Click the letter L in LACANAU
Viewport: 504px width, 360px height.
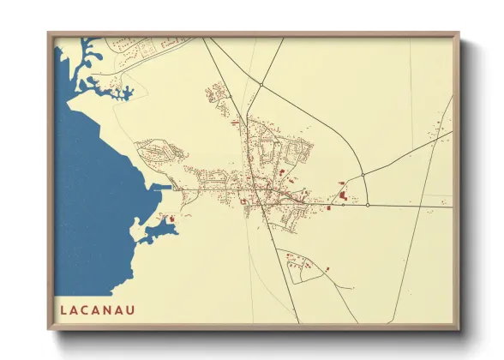point(64,308)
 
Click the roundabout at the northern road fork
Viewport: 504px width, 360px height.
point(260,85)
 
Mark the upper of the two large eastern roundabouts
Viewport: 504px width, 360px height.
point(363,176)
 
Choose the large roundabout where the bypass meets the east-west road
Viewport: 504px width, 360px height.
point(367,205)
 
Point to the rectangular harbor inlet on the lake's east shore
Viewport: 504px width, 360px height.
point(162,186)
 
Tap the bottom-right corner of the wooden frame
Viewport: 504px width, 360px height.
point(458,329)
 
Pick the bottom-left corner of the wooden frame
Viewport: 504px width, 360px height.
point(50,329)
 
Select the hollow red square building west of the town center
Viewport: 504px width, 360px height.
point(243,202)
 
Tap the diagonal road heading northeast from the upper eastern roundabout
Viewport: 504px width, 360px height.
point(403,154)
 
